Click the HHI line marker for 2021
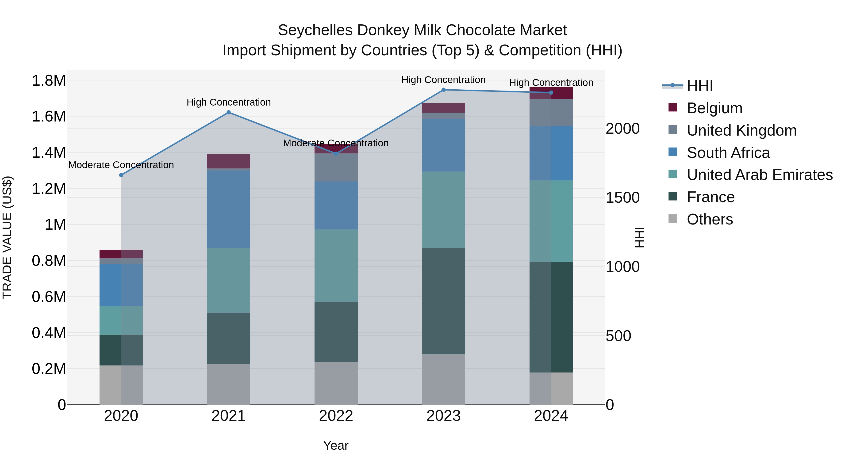pos(229,112)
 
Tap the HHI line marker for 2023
pos(443,90)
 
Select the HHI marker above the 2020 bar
pos(121,175)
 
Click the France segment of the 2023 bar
pos(443,301)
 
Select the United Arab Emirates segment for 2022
pos(336,266)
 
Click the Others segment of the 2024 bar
pos(551,388)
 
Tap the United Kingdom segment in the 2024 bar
pos(551,112)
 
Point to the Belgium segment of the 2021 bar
pos(229,161)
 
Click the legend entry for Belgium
pos(714,108)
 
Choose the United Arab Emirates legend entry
pos(759,175)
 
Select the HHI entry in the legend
pos(699,86)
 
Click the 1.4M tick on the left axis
pos(49,152)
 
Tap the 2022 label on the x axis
pos(336,416)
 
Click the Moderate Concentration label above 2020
pos(121,165)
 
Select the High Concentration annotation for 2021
pos(229,102)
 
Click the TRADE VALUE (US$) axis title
pos(7,237)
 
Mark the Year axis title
pos(336,445)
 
